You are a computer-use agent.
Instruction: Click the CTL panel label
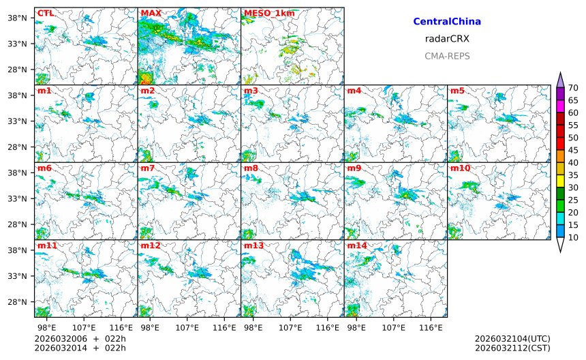click(x=44, y=13)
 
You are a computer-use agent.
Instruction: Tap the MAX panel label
click(x=151, y=13)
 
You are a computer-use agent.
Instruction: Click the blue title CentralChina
click(x=447, y=22)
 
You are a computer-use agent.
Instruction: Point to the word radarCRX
click(x=447, y=39)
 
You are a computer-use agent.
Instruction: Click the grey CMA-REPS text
click(x=447, y=57)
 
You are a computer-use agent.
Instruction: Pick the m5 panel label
click(x=457, y=91)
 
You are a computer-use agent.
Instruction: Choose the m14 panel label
click(x=357, y=245)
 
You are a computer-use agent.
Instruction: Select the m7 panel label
click(x=148, y=168)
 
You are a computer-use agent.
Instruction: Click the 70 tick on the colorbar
click(x=573, y=88)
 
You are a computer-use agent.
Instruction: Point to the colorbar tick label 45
click(x=573, y=150)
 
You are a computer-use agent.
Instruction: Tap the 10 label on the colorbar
click(x=573, y=237)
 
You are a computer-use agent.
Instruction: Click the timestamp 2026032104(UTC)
click(x=512, y=339)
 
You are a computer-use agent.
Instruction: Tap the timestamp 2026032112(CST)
click(x=512, y=348)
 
